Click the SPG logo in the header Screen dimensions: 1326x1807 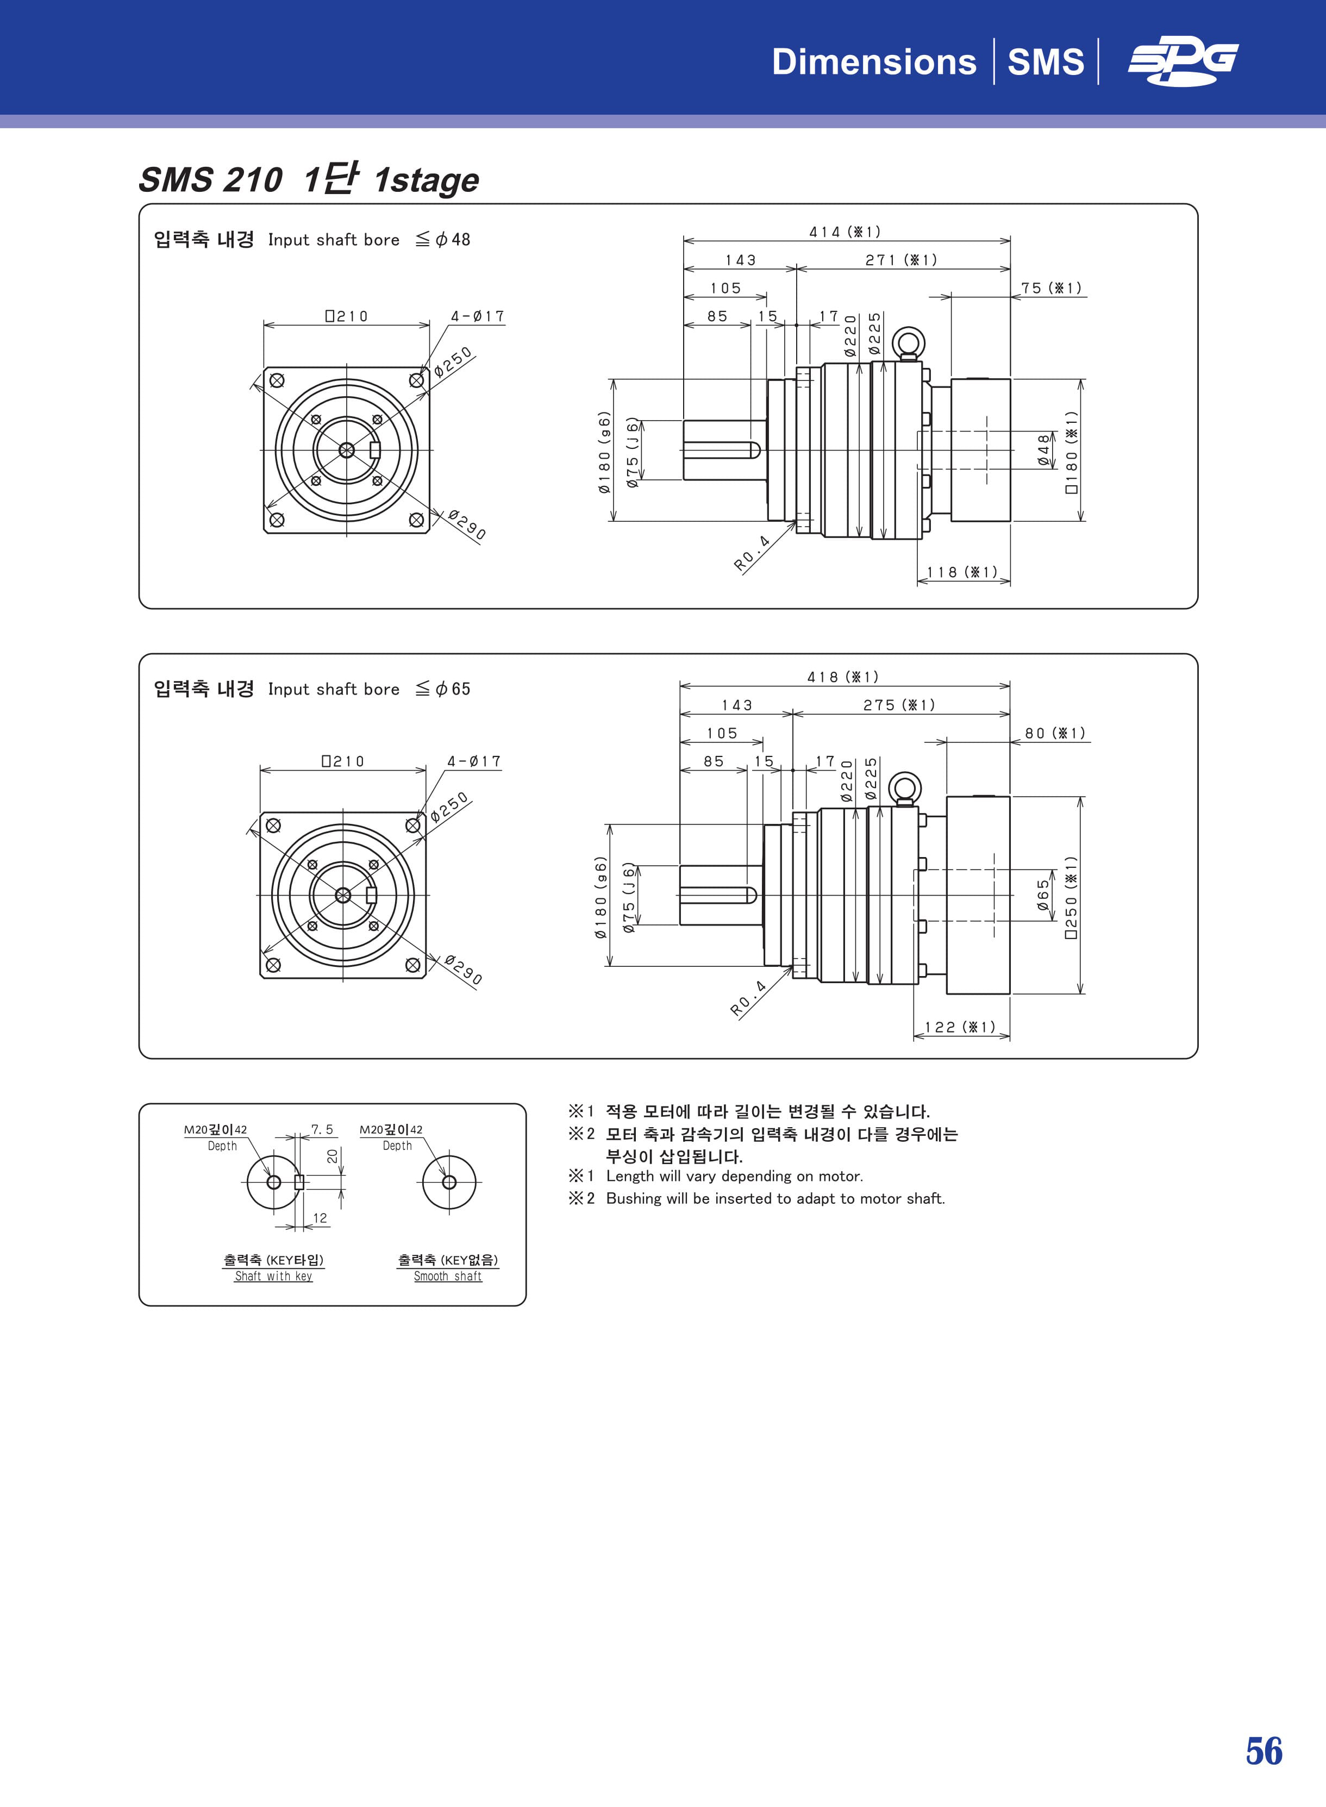coord(1183,62)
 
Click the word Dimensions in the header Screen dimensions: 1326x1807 coord(873,62)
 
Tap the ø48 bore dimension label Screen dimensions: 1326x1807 coord(1043,451)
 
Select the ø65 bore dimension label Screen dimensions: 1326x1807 coord(1043,895)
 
